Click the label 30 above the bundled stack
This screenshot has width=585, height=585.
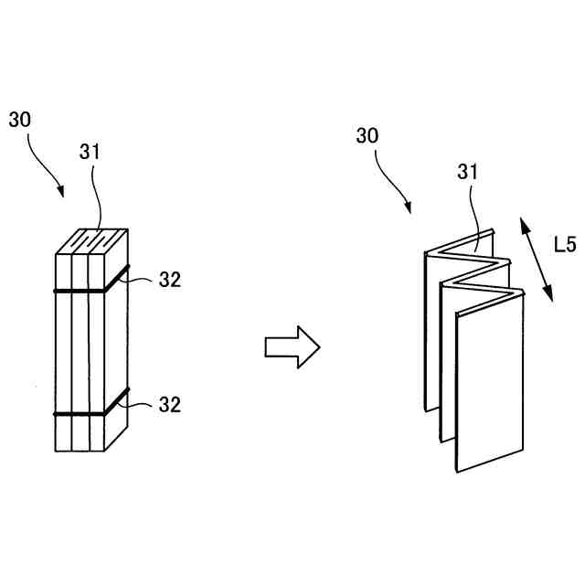pyautogui.click(x=20, y=120)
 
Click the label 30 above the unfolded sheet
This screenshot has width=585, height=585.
pyautogui.click(x=367, y=136)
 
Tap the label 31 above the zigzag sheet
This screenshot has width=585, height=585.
pyautogui.click(x=467, y=172)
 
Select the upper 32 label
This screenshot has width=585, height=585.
pyautogui.click(x=169, y=280)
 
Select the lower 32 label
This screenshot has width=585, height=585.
pyautogui.click(x=169, y=403)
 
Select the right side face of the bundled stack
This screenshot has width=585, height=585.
pyautogui.click(x=116, y=347)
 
